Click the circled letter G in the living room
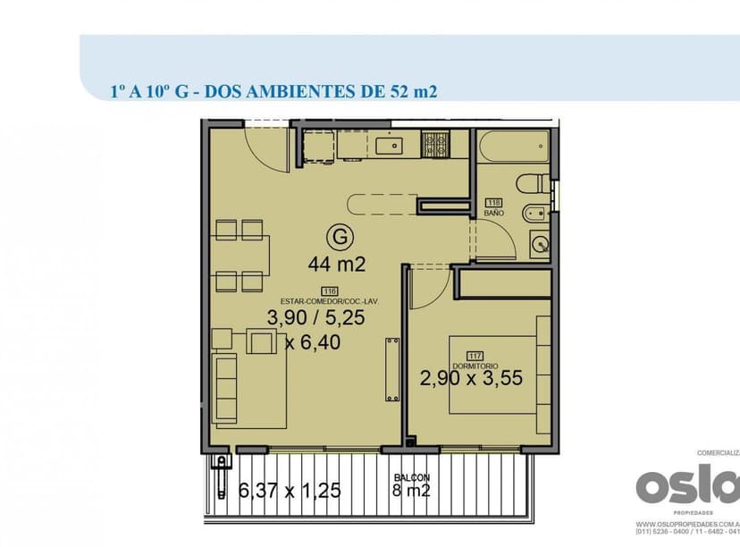[337, 238]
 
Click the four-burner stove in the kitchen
[437, 142]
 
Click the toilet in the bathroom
[535, 184]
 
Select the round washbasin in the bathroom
[541, 243]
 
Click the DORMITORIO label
[472, 366]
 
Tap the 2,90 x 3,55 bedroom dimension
[471, 379]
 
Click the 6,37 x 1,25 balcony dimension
[290, 490]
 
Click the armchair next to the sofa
[262, 342]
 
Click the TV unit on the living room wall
[390, 371]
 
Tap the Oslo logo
[688, 487]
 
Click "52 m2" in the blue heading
[413, 90]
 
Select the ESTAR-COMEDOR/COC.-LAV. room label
[330, 302]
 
